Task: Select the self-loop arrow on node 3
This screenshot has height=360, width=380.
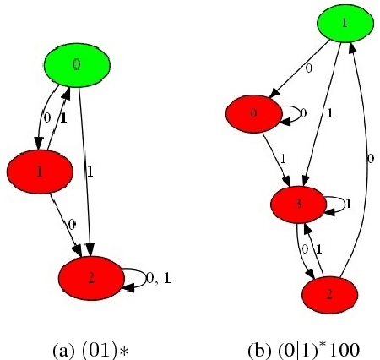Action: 334,204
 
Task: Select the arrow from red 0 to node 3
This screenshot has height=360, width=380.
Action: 274,155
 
